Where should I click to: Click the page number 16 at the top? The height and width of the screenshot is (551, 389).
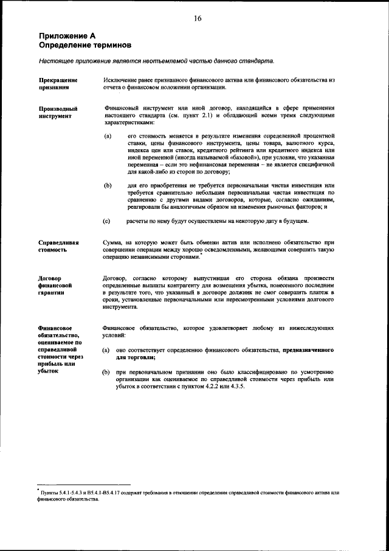click(x=198, y=18)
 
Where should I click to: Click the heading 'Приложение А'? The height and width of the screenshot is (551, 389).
click(x=67, y=37)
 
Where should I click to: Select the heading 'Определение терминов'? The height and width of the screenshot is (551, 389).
click(x=84, y=46)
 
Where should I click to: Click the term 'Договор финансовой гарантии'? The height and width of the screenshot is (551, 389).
click(x=56, y=286)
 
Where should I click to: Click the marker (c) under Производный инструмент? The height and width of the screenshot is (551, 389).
click(x=106, y=221)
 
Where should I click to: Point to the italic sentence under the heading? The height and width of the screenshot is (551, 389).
click(x=156, y=61)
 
